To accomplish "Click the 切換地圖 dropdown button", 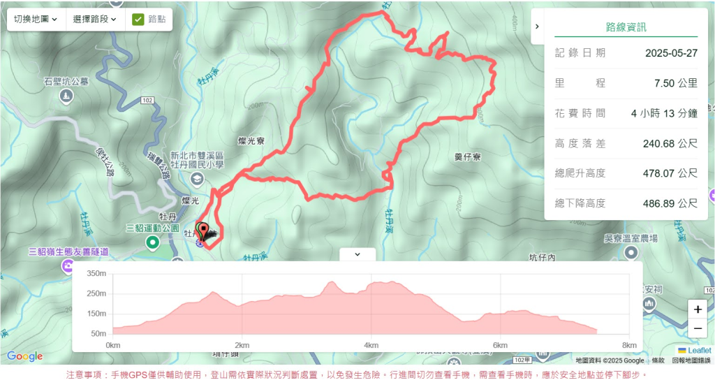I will click(x=36, y=20).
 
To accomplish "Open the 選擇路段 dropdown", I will click(x=95, y=20).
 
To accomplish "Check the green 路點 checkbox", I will click(x=138, y=20).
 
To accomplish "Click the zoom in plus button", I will click(x=698, y=309).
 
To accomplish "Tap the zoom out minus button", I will click(x=698, y=328).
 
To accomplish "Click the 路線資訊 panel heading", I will click(x=626, y=27).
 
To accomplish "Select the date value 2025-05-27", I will click(x=671, y=53).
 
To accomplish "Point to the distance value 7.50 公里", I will click(x=675, y=83).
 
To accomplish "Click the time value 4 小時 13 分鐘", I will click(x=664, y=113).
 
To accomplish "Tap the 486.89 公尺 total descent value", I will click(x=670, y=203).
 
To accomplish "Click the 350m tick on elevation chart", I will click(x=96, y=273).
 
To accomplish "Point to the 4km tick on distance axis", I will click(x=371, y=345).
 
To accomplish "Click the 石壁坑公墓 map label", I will click(x=66, y=82).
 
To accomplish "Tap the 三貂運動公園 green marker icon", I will click(x=152, y=242).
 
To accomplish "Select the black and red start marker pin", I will click(x=203, y=231).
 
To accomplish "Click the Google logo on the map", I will click(x=24, y=356).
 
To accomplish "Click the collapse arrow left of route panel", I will click(x=536, y=27).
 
